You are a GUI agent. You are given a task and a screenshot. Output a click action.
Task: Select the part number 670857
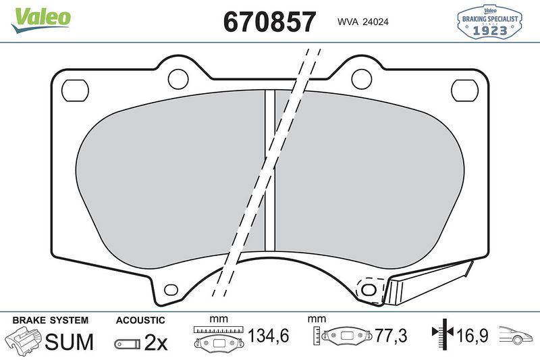point(269,22)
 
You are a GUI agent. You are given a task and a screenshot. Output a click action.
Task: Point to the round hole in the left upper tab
point(178,79)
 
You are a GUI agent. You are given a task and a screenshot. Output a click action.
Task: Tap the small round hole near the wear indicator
point(368,290)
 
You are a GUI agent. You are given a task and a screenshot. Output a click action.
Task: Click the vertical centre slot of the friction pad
point(270,169)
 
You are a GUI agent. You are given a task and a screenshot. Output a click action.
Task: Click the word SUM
point(69,342)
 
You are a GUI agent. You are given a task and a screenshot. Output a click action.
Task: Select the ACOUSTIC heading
point(140,320)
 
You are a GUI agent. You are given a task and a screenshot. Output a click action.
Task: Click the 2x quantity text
point(156,343)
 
